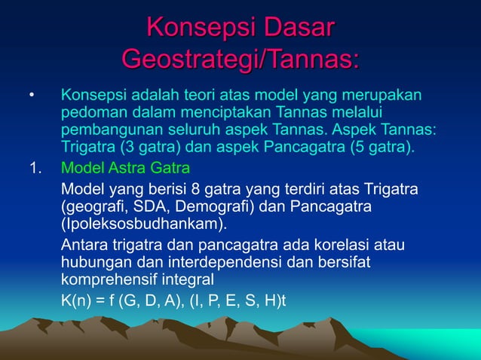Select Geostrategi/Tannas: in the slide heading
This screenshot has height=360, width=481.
coord(240,59)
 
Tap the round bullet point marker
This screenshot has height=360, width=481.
coord(32,97)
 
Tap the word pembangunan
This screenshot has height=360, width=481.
coord(106,129)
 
